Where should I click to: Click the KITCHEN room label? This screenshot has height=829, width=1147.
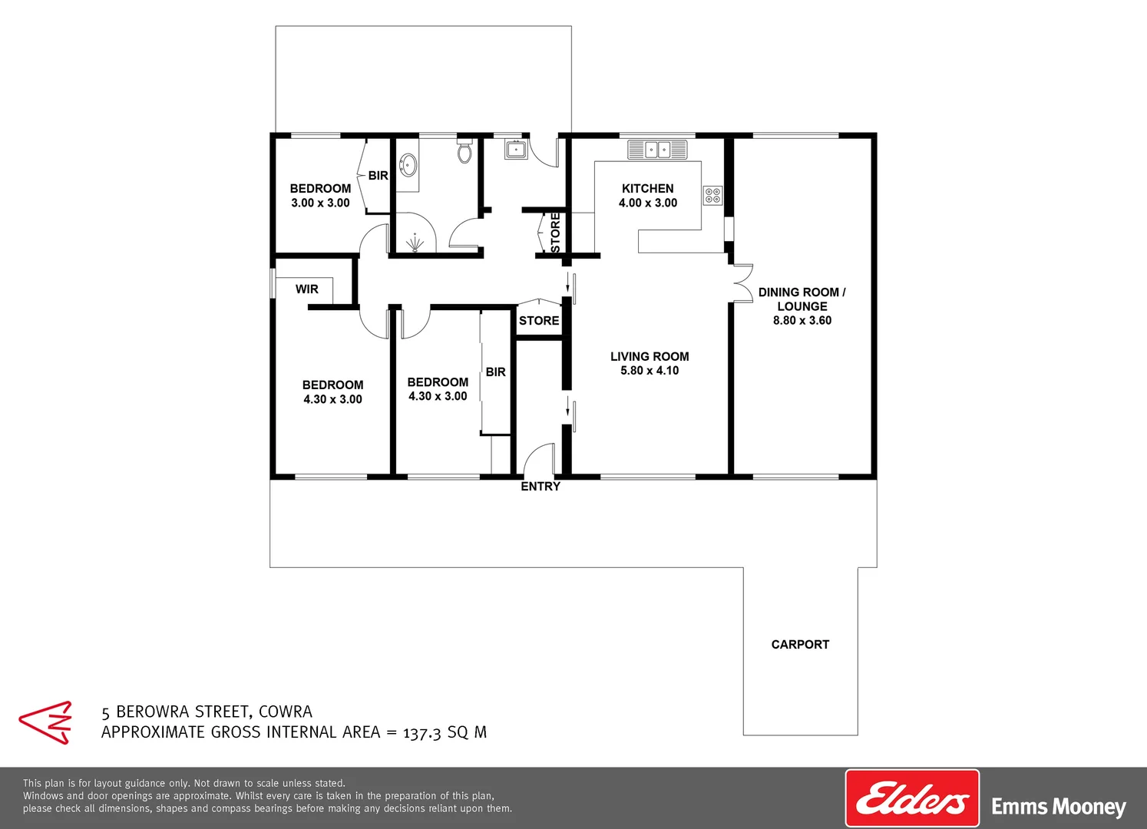pyautogui.click(x=647, y=188)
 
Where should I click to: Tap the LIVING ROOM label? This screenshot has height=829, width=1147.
pyautogui.click(x=650, y=356)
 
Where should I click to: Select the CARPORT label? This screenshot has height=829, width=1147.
pyautogui.click(x=800, y=645)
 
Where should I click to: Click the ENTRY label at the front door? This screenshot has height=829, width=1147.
pyautogui.click(x=540, y=487)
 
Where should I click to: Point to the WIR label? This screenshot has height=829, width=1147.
pyautogui.click(x=306, y=289)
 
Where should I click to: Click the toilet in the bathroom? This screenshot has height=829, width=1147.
pyautogui.click(x=464, y=152)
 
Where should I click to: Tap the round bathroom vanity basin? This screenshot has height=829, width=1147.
pyautogui.click(x=408, y=163)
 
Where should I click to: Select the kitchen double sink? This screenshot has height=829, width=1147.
pyautogui.click(x=657, y=150)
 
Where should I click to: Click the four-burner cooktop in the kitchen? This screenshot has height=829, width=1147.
pyautogui.click(x=713, y=196)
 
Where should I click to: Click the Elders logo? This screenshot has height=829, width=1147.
pyautogui.click(x=912, y=799)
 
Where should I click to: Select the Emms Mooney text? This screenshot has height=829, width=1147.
pyautogui.click(x=1058, y=807)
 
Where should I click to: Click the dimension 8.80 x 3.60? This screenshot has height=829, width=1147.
pyautogui.click(x=802, y=321)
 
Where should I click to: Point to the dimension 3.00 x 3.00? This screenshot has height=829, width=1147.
pyautogui.click(x=320, y=203)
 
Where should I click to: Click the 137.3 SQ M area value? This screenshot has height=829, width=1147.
pyautogui.click(x=445, y=732)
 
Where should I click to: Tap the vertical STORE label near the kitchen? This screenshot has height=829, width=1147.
pyautogui.click(x=556, y=232)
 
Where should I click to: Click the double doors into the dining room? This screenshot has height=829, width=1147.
pyautogui.click(x=742, y=283)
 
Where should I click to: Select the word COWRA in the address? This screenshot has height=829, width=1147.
pyautogui.click(x=286, y=712)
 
